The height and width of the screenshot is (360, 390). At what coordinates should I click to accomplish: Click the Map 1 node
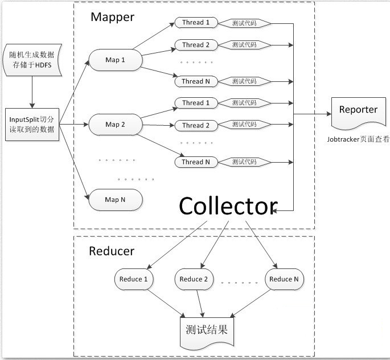click(x=115, y=60)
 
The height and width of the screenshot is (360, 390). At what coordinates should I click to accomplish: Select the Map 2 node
click(x=115, y=123)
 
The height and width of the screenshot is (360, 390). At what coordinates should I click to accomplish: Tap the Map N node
click(x=115, y=200)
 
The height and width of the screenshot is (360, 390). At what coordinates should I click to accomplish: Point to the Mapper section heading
click(x=112, y=17)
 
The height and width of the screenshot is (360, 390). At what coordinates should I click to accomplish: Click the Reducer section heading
click(x=112, y=251)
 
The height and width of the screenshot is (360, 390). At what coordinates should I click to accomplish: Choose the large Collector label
click(x=228, y=206)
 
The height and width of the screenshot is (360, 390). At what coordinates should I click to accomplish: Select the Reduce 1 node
click(x=134, y=279)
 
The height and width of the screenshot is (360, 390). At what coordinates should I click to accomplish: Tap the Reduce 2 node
click(x=196, y=279)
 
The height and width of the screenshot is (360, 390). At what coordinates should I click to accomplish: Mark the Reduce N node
click(x=284, y=279)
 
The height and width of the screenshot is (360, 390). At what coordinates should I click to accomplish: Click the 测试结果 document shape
click(x=206, y=330)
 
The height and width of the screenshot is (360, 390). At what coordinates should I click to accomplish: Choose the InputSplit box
click(x=32, y=125)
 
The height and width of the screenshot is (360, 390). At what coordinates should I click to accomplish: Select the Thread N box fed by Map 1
click(x=195, y=81)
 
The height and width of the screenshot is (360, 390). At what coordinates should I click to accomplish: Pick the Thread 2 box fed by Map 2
click(x=195, y=125)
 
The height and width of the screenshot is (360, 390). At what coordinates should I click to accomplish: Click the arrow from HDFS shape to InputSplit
click(x=32, y=94)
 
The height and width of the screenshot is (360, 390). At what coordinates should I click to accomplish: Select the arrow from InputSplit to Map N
click(x=74, y=160)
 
